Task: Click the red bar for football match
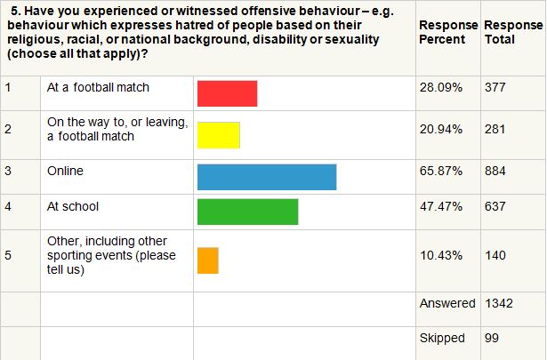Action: click(227, 93)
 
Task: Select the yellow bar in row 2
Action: click(219, 134)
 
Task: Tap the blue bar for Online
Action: click(267, 176)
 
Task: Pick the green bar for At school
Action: click(247, 212)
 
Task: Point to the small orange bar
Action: click(207, 260)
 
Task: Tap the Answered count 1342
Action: click(498, 303)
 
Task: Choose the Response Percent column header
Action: click(447, 33)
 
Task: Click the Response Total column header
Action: click(506, 33)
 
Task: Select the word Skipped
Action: click(442, 339)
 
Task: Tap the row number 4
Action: click(8, 206)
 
